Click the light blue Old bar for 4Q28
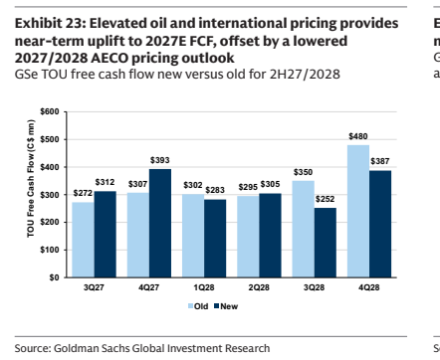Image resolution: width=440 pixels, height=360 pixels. coord(358,211)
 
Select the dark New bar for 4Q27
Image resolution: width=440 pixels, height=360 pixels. coord(160,223)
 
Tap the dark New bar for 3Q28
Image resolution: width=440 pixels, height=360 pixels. coord(326,243)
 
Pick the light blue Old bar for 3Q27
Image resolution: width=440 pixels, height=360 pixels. coord(83,240)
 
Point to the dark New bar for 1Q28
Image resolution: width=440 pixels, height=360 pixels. coord(215,239)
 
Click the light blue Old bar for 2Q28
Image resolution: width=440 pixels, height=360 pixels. coord(248,237)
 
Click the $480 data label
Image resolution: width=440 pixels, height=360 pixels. coord(358,136)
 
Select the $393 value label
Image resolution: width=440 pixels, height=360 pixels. coord(160,160)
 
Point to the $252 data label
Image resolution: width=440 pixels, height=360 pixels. coord(325,199)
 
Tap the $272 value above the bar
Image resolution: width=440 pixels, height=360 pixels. coord(83,193)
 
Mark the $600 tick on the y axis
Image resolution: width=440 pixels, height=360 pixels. coord(50,111)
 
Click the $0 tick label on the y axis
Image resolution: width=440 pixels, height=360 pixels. coord(55,277)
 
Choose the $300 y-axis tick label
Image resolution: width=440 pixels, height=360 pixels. coord(50,195)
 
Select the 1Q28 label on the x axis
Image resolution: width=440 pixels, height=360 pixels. coord(204,287)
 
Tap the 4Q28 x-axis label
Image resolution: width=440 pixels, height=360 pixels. coord(369,287)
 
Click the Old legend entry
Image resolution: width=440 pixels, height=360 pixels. coord(198,306)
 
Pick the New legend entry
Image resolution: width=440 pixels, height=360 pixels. coord(226,306)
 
